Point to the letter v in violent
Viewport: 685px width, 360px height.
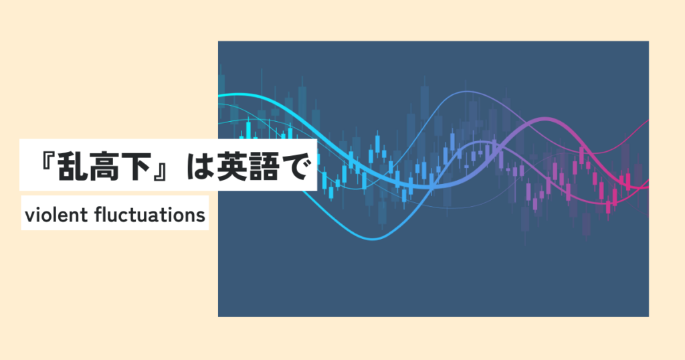point(29,217)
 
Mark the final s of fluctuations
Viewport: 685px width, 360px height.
point(201,217)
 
